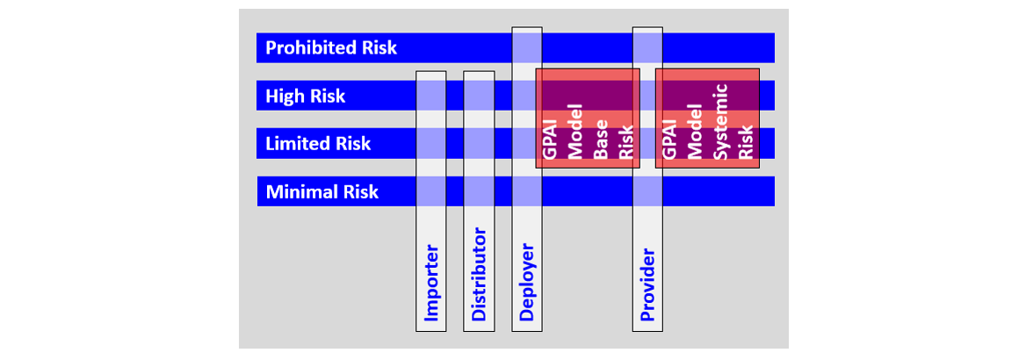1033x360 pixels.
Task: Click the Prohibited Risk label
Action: [x=331, y=48]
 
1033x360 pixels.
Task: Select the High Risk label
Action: [x=306, y=96]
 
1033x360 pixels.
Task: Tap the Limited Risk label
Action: [x=318, y=143]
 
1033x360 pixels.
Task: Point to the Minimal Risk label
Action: [x=321, y=191]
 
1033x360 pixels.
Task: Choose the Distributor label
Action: [x=479, y=275]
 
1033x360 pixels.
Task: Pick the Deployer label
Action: [x=527, y=281]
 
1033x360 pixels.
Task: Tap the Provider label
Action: [x=648, y=284]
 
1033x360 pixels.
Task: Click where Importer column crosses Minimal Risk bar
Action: [x=431, y=191]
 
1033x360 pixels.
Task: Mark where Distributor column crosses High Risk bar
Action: [x=479, y=96]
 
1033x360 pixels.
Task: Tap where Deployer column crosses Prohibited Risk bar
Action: [x=527, y=48]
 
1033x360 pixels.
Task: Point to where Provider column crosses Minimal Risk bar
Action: [x=647, y=191]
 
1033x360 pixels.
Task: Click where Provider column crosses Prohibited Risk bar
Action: [x=647, y=48]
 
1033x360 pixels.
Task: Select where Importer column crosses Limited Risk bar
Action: [x=431, y=143]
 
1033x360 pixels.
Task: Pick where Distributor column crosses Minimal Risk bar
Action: [x=479, y=191]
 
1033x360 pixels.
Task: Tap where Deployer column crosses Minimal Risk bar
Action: [x=527, y=191]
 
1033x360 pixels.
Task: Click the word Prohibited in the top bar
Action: [x=310, y=48]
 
